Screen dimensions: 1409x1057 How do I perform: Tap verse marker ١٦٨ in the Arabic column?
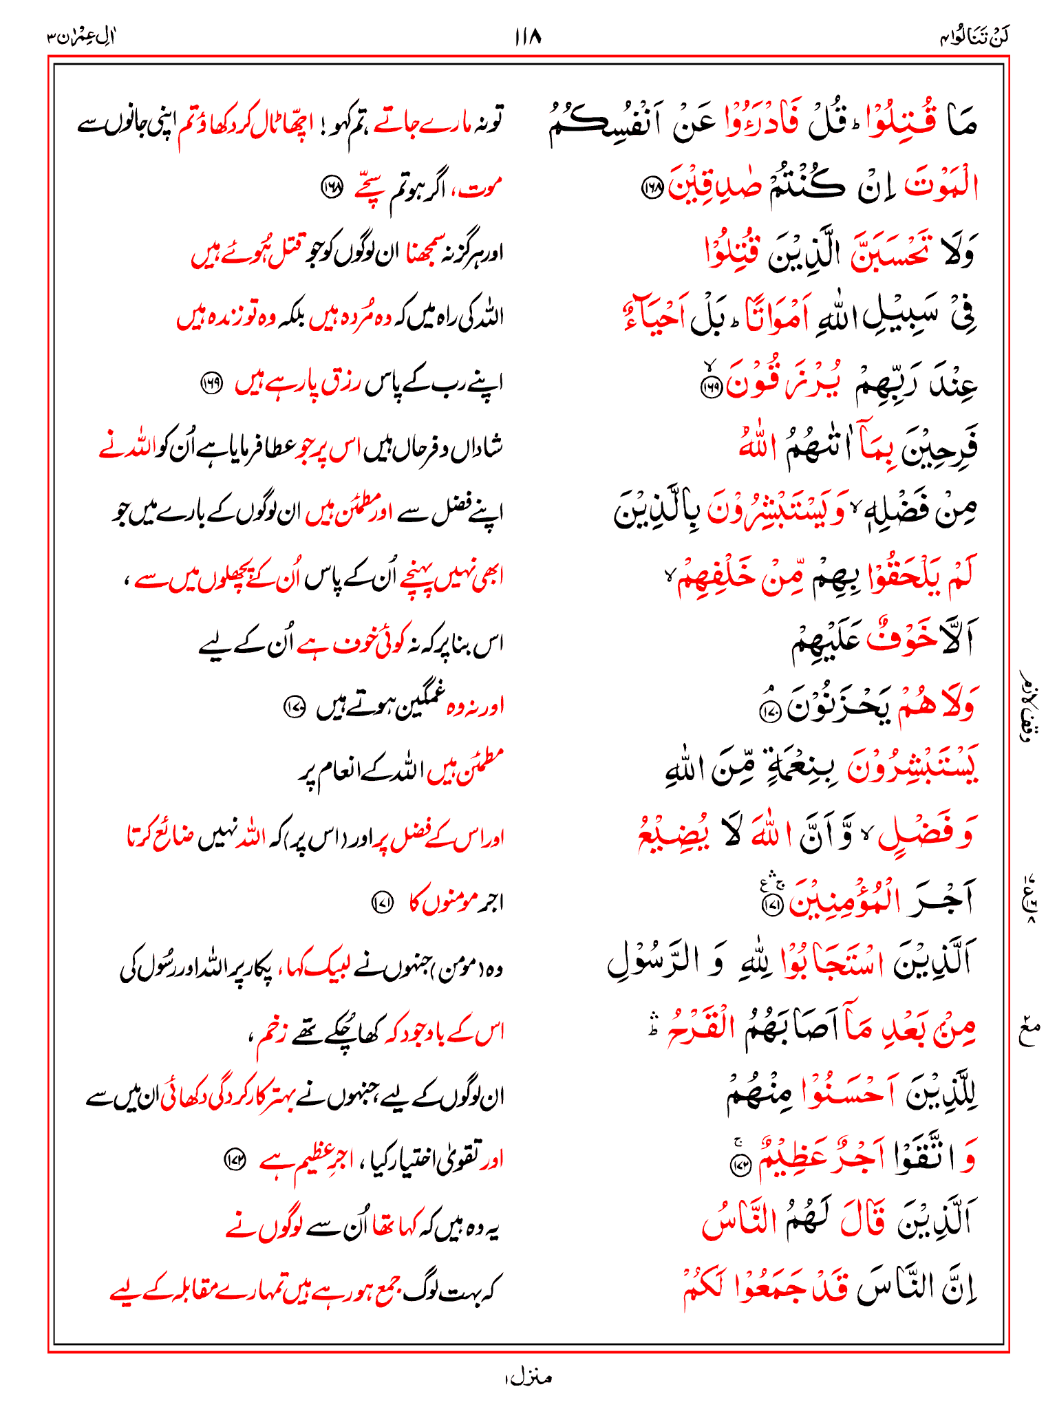650,187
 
